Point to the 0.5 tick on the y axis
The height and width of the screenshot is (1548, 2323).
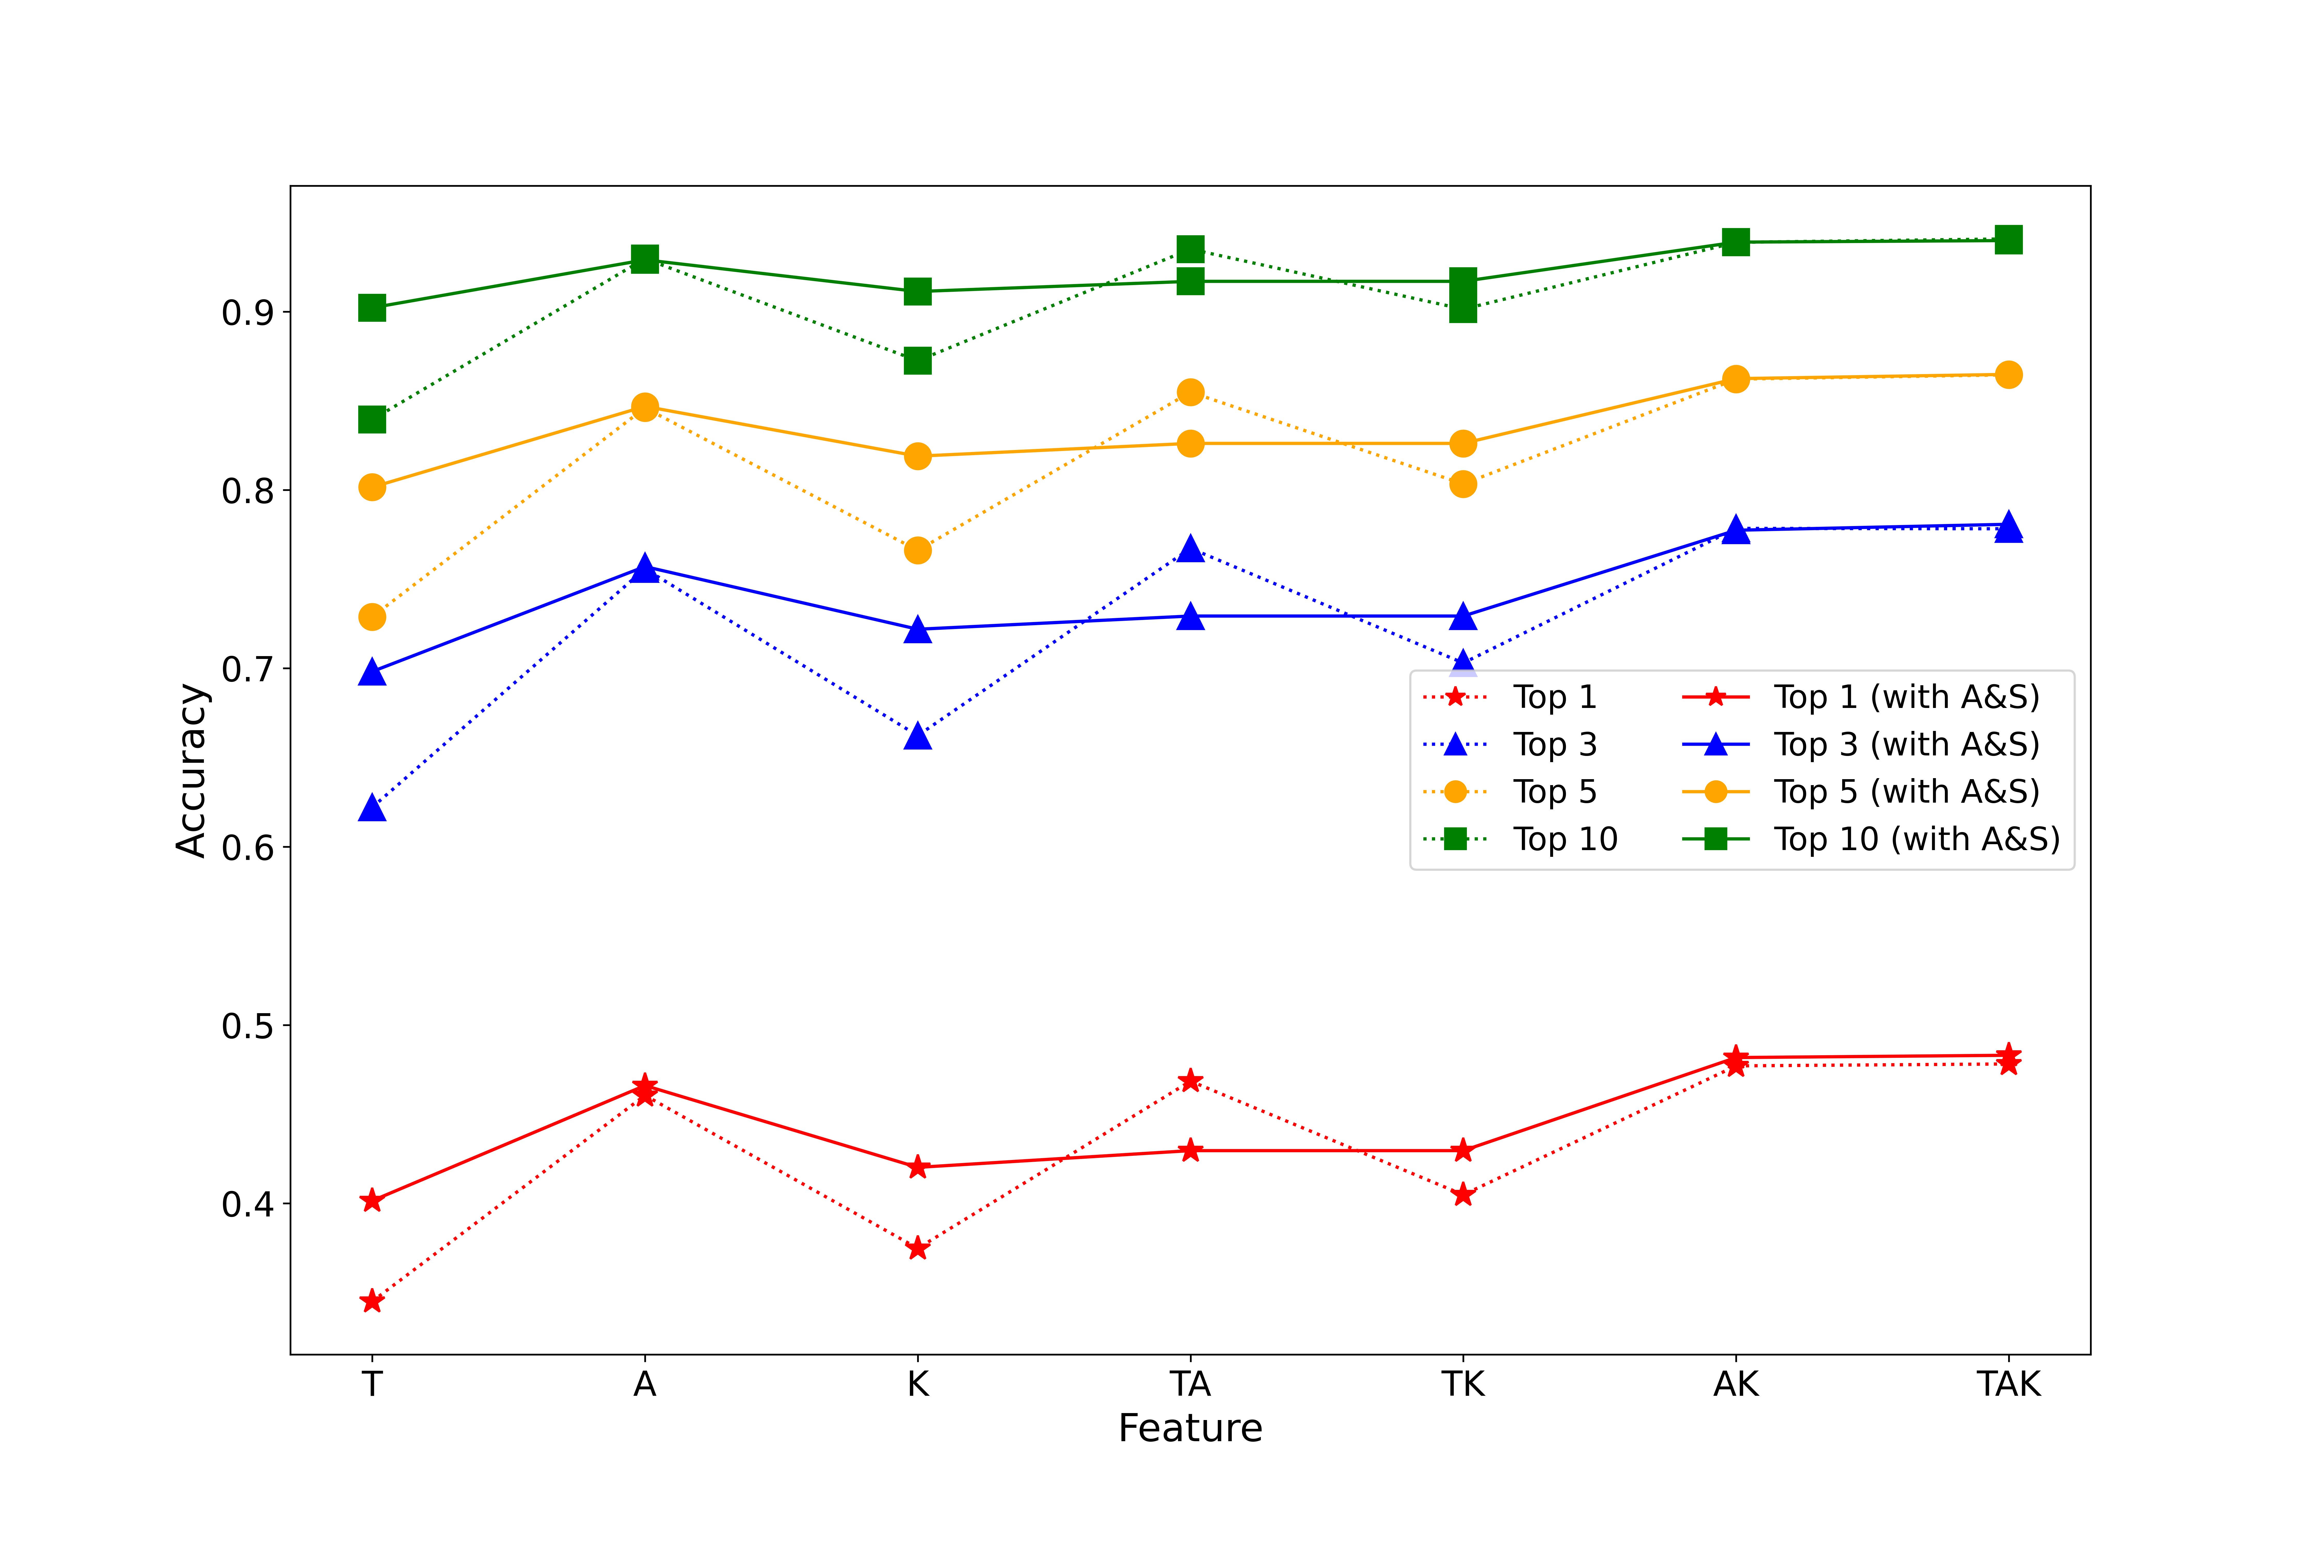coord(247,1026)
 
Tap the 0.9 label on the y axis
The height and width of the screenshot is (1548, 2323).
coord(247,313)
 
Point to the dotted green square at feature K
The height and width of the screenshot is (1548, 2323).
coord(918,360)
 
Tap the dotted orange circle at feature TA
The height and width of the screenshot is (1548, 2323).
coord(1190,392)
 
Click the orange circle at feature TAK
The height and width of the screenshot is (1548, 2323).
coord(2008,374)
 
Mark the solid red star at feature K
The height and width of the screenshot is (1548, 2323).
coord(918,1167)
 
